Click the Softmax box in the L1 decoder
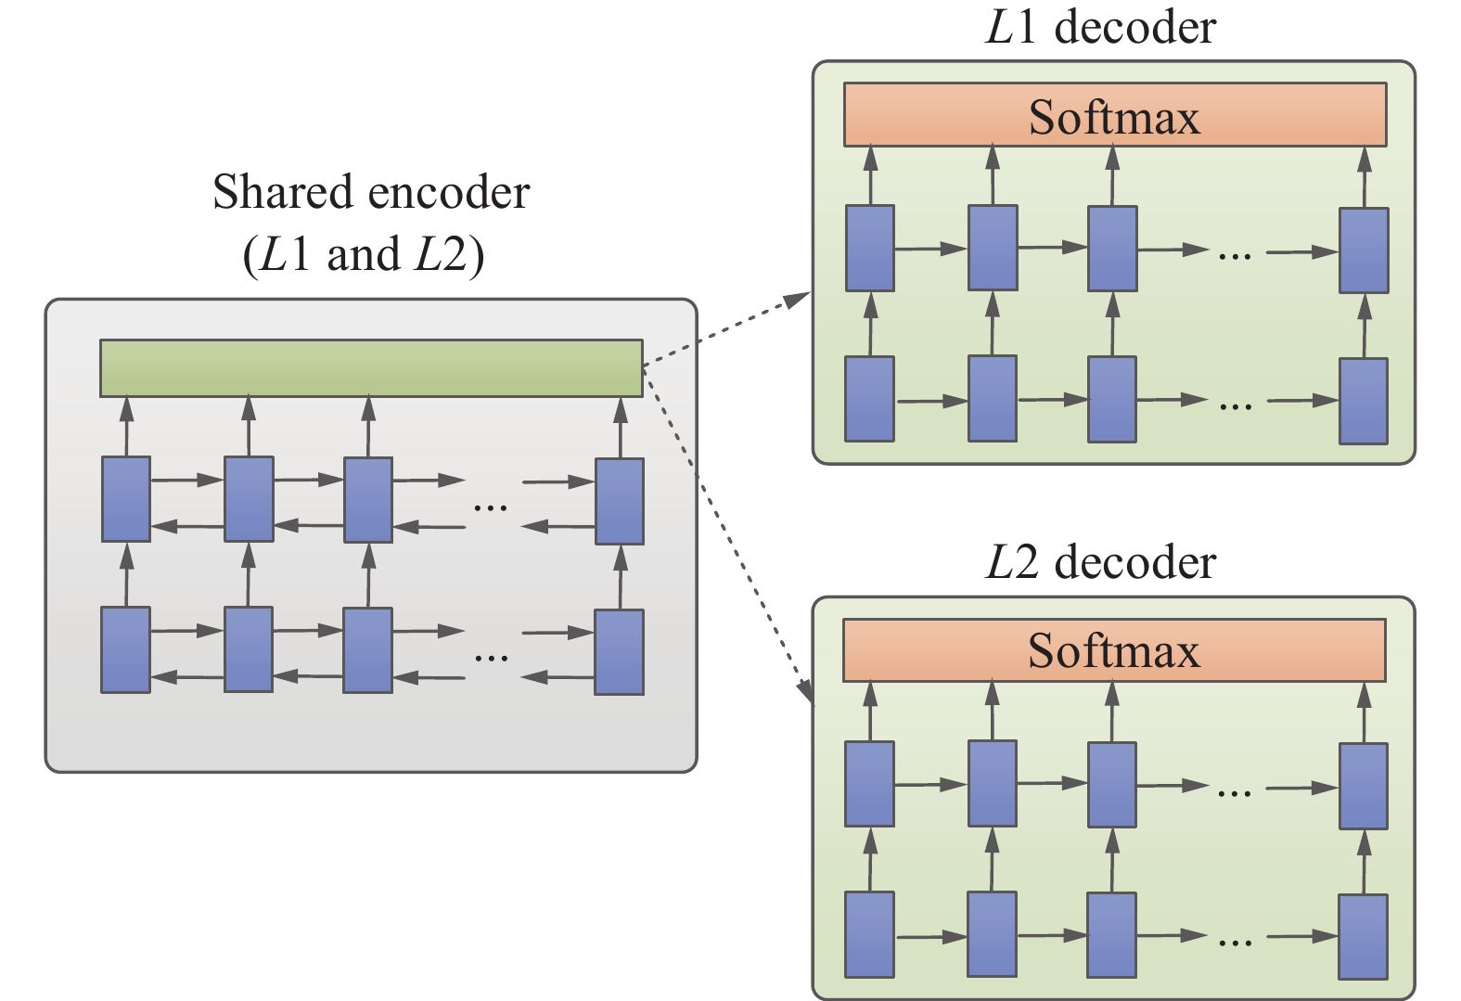coord(1114,115)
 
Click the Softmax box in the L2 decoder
coord(1113,650)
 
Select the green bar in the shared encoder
coord(371,367)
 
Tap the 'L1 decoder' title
coord(1100,27)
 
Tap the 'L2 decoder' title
coord(1100,562)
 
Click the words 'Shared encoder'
coord(371,193)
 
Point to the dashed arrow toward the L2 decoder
coord(733,547)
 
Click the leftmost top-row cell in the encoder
coord(126,499)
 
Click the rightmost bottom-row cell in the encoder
coord(619,652)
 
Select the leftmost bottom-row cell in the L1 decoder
coord(869,399)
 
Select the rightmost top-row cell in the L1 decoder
coord(1364,250)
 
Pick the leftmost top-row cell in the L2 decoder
coord(869,784)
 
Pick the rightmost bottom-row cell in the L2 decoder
coord(1364,936)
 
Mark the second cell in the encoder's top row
coord(249,499)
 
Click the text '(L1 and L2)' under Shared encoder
coord(364,255)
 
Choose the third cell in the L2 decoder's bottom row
coord(1111,935)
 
